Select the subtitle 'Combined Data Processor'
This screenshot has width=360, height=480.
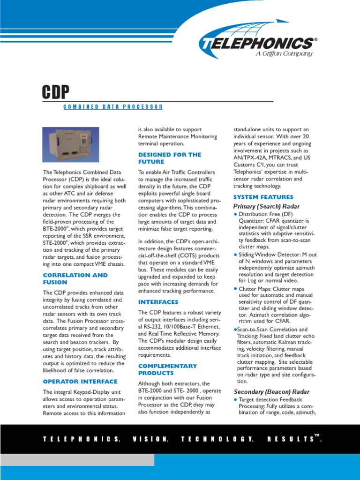(x=113, y=107)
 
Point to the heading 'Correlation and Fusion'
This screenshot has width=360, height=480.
(x=75, y=279)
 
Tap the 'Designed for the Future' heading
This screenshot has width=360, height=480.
(x=170, y=158)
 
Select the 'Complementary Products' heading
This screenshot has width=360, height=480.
(x=167, y=369)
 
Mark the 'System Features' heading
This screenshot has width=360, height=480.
(x=263, y=197)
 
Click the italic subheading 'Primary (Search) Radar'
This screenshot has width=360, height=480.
(x=266, y=206)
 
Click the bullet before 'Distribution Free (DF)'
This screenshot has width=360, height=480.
(x=235, y=214)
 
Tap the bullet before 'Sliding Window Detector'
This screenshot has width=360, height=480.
(x=235, y=255)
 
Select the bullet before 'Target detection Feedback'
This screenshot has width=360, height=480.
(x=235, y=400)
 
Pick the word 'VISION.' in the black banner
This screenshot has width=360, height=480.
(x=150, y=439)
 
